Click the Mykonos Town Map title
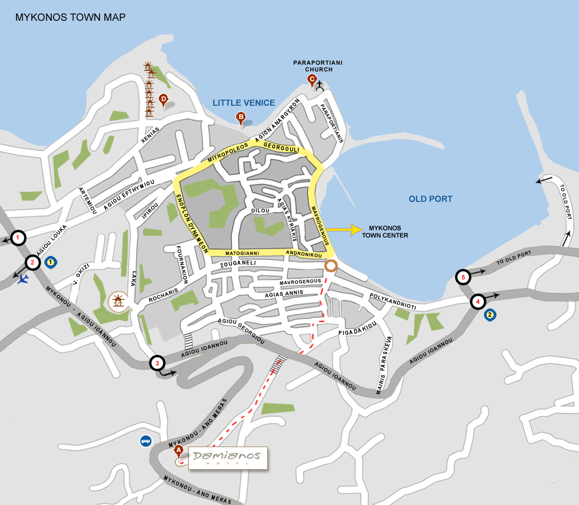pyautogui.click(x=70, y=17)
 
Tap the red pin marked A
pyautogui.click(x=179, y=451)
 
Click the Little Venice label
pyautogui.click(x=244, y=103)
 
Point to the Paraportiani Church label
pyautogui.click(x=318, y=66)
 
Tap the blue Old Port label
pyautogui.click(x=430, y=199)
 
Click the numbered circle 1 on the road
pyautogui.click(x=18, y=238)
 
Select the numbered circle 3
pyautogui.click(x=157, y=363)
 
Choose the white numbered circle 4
pyautogui.click(x=478, y=302)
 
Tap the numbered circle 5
pyautogui.click(x=463, y=277)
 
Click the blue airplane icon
pyautogui.click(x=22, y=279)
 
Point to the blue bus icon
pyautogui.click(x=146, y=441)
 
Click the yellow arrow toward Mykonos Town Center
pyautogui.click(x=344, y=230)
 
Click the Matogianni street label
pyautogui.click(x=242, y=253)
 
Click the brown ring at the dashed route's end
pyautogui.click(x=331, y=266)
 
